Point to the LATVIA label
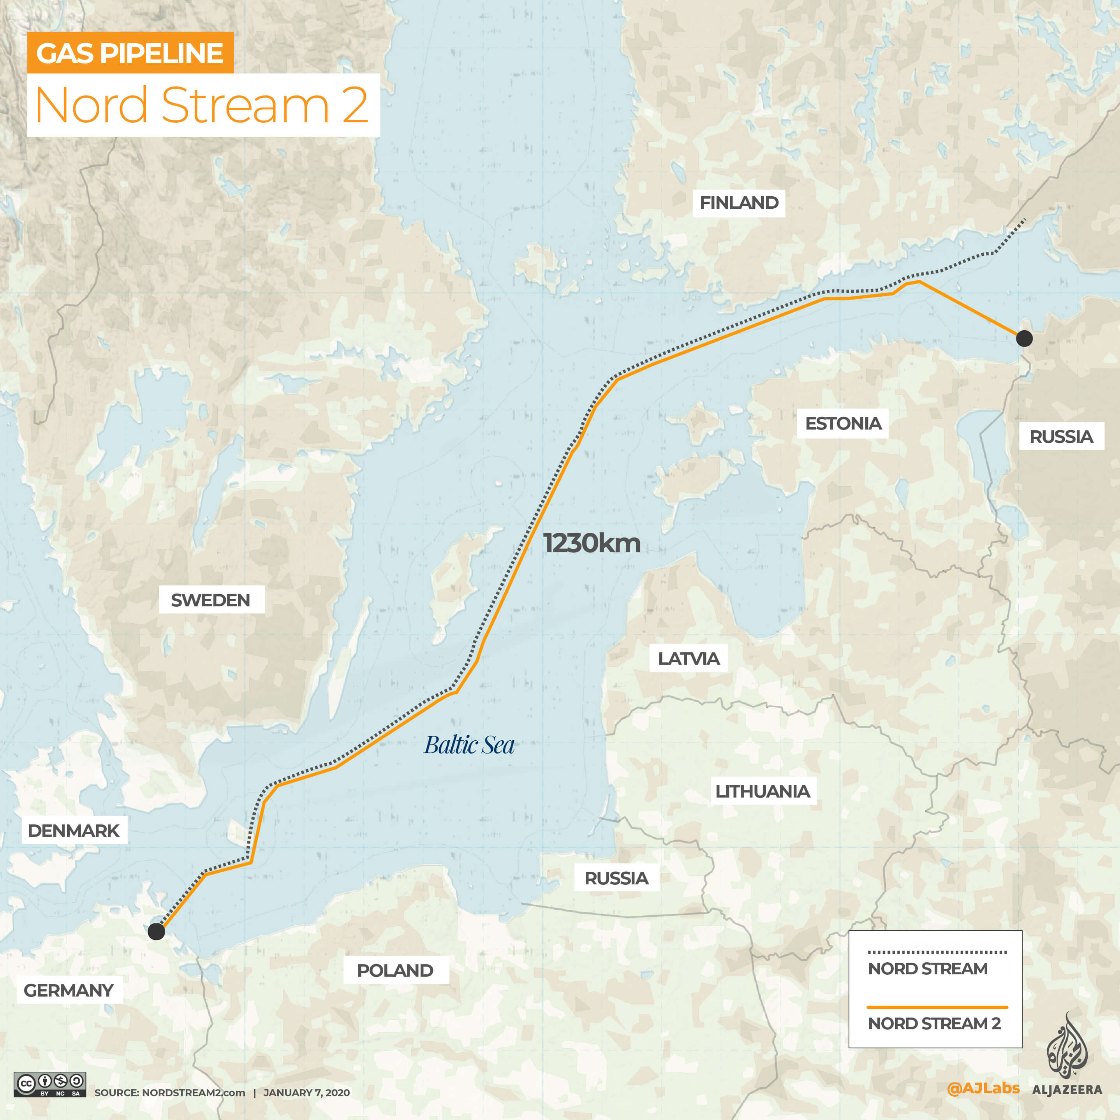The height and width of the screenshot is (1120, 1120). (688, 659)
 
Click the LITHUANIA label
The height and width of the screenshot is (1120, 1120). (763, 791)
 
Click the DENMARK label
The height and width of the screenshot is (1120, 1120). (74, 831)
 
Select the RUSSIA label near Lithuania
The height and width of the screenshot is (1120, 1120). (616, 878)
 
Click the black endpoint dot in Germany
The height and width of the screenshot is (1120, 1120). (156, 932)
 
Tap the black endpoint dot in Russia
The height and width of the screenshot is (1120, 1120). (1024, 338)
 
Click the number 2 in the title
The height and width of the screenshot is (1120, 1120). (355, 106)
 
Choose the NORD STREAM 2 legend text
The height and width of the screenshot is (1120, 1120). (934, 1023)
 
